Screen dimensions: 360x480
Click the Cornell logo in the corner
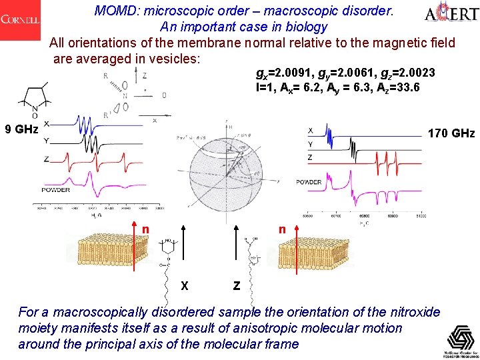tap(21, 19)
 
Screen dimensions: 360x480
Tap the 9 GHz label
tap(21, 129)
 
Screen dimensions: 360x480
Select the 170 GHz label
tap(451, 134)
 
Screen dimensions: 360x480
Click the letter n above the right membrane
tap(282, 229)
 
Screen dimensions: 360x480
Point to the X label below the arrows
tap(184, 286)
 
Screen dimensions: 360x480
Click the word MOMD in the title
tap(115, 11)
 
